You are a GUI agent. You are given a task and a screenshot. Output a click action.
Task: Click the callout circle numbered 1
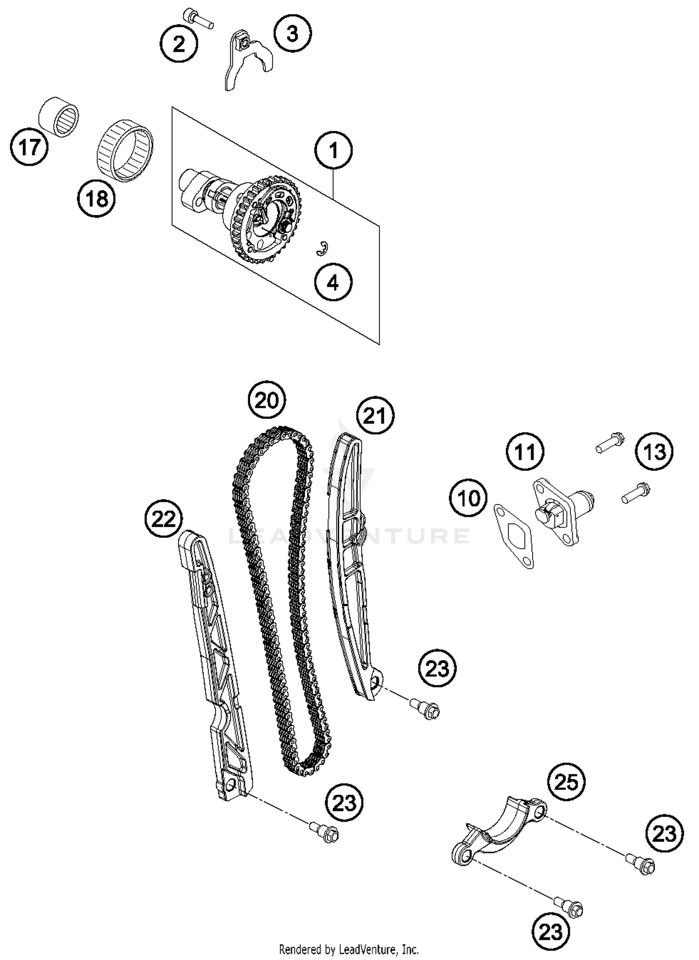pos(333,150)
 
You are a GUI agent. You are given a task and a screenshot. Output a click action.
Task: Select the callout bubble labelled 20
pos(267,400)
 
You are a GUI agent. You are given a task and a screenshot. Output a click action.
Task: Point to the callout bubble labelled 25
pos(566,782)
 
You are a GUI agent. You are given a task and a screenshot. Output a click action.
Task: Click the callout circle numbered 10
pos(468,498)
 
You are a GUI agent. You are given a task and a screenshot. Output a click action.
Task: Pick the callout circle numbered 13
pos(655,451)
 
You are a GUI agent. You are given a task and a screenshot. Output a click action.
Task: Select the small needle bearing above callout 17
pos(58,117)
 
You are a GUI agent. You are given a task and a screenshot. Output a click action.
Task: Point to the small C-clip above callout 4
pos(322,249)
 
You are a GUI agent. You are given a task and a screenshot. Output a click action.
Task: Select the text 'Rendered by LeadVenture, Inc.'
pos(349,949)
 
